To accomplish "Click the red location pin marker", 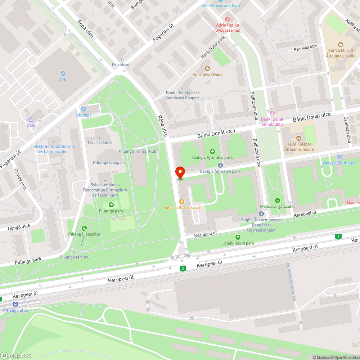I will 180,172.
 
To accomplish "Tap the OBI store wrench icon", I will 63,73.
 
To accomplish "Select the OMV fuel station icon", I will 31,120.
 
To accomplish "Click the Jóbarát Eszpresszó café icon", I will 182,201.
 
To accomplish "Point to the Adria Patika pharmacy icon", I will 228,19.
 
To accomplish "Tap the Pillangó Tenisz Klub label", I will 137,151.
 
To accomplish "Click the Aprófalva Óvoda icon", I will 207,68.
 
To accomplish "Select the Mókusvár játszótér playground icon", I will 277,200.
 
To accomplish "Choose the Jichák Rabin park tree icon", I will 238,237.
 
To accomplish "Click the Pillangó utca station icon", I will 15,304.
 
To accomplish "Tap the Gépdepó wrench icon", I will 84,109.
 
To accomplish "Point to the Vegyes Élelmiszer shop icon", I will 339,157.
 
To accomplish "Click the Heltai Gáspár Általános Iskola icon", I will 298,138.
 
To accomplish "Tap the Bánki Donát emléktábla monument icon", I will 272,113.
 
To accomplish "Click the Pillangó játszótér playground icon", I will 84,228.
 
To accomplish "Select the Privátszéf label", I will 121,64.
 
